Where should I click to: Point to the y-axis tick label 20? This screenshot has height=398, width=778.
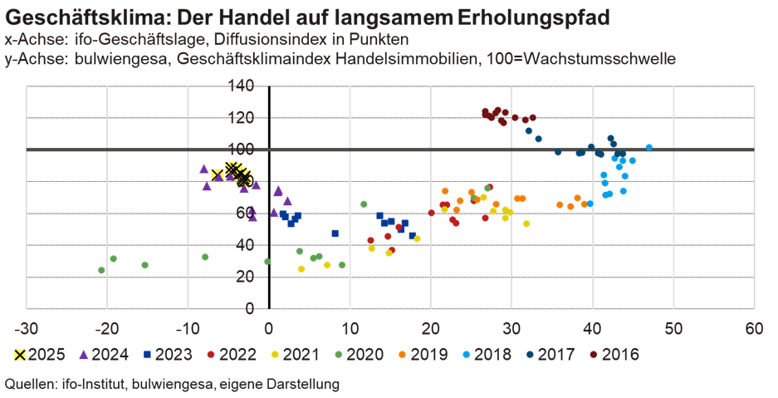click(249, 277)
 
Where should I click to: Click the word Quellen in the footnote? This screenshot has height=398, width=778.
click(26, 385)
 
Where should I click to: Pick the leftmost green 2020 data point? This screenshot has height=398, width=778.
click(101, 270)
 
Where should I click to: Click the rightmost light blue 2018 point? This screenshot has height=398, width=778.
click(648, 147)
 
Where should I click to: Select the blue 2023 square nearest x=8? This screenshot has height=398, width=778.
click(335, 233)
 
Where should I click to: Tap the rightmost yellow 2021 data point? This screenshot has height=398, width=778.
click(526, 224)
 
